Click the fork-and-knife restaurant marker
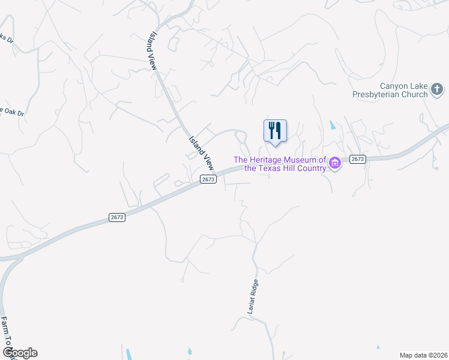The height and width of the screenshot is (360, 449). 275,131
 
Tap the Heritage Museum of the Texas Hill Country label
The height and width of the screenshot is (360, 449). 279,164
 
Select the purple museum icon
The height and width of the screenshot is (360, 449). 335,163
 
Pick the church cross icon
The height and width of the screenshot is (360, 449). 437,91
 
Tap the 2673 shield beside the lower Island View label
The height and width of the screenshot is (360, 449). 208,179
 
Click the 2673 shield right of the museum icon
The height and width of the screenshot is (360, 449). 357,159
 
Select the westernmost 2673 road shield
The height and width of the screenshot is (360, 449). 117,217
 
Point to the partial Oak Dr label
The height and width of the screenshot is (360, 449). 12,112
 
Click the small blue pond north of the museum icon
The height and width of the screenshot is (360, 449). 332,126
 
